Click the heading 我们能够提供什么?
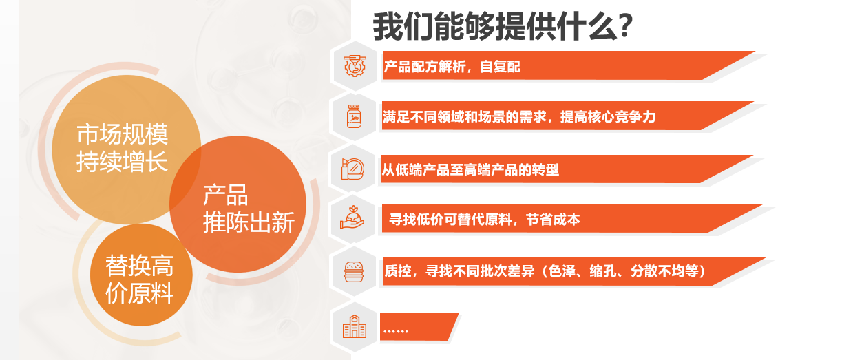click(503, 26)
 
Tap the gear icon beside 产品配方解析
click(355, 66)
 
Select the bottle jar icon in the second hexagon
click(354, 116)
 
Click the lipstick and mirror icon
click(353, 169)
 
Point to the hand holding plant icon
click(352, 218)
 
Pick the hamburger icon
click(354, 272)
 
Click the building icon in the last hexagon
click(355, 326)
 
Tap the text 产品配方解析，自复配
click(452, 67)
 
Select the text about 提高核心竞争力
click(519, 117)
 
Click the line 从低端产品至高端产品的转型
click(470, 170)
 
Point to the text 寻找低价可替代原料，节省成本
click(485, 219)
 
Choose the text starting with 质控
click(545, 271)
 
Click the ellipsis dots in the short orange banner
click(396, 332)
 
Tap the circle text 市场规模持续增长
click(122, 148)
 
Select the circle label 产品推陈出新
click(249, 209)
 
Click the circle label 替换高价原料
click(140, 279)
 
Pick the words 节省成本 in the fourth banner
click(553, 219)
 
